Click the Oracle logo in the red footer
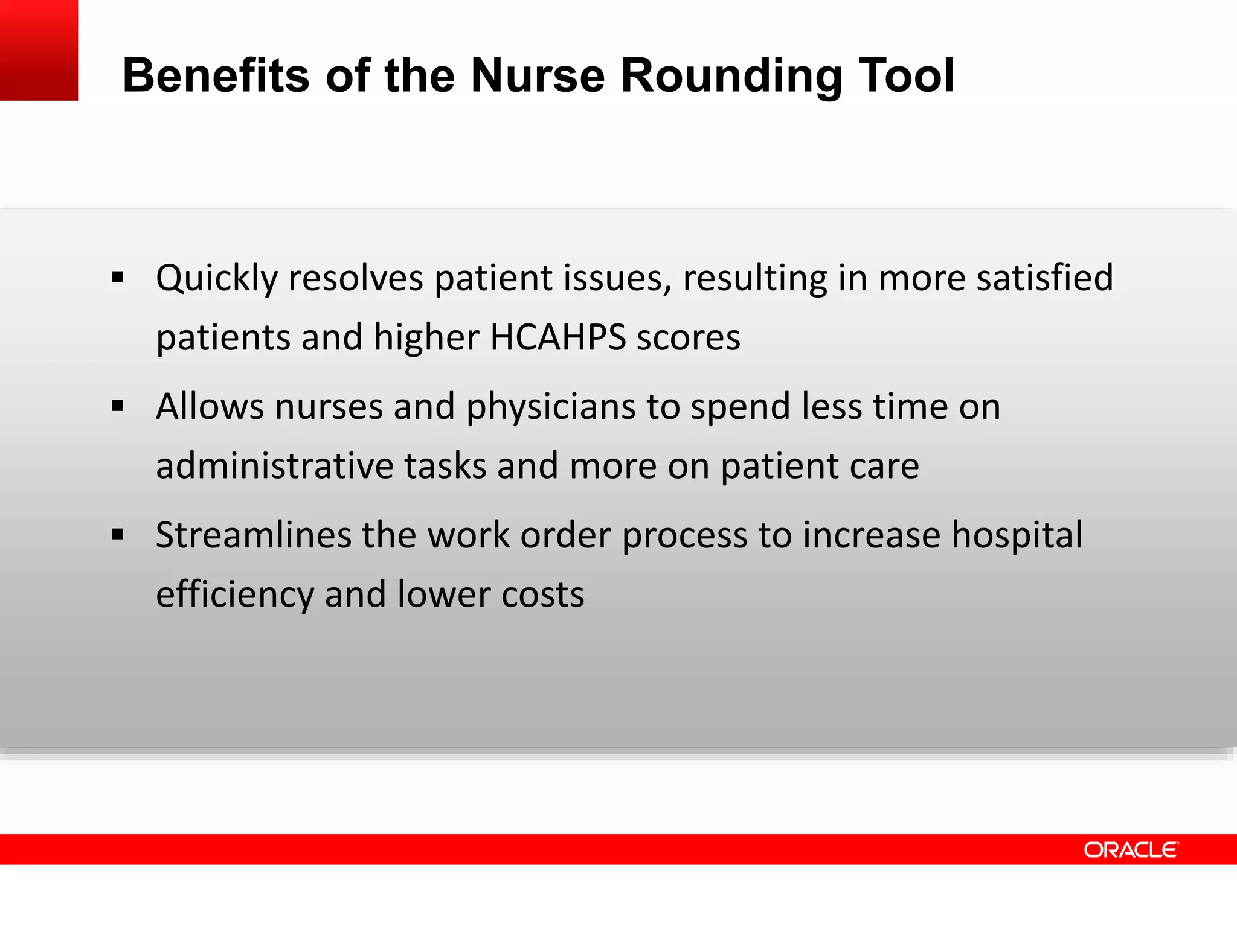[1131, 850]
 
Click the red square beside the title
[39, 50]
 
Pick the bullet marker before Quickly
[118, 278]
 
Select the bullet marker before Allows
[118, 406]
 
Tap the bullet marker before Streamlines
[118, 535]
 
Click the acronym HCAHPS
[557, 337]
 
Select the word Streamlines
[253, 535]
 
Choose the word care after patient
[884, 466]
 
